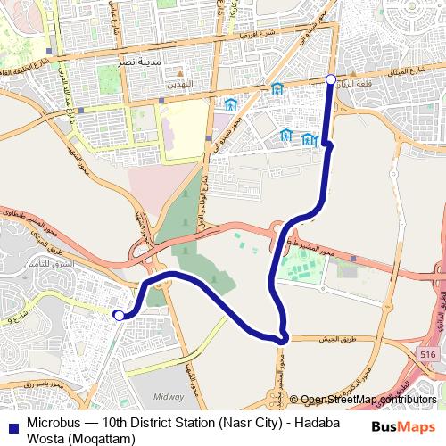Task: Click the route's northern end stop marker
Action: click(331, 80)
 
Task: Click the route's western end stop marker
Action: click(119, 314)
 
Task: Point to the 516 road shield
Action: click(429, 355)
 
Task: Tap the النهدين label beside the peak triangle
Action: click(179, 80)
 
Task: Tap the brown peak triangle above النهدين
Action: click(179, 70)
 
